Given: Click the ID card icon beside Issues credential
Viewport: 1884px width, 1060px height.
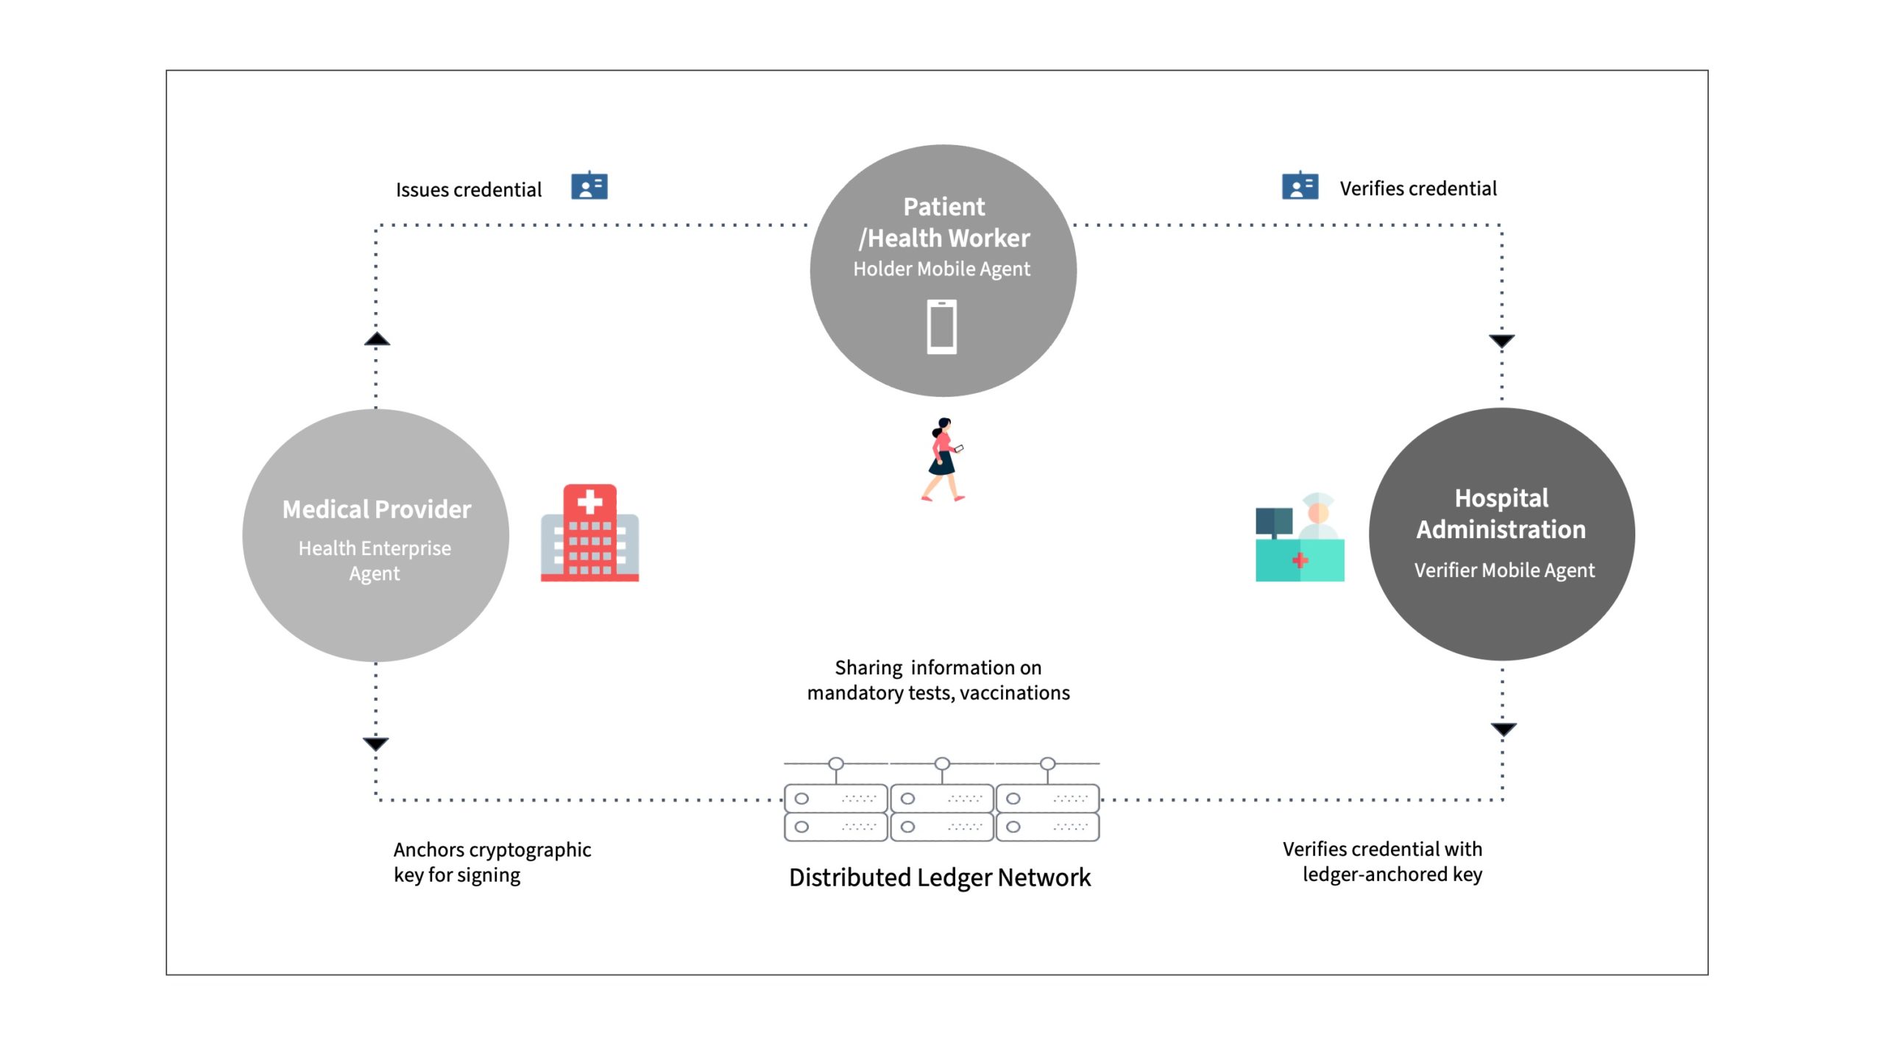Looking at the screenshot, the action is (x=589, y=186).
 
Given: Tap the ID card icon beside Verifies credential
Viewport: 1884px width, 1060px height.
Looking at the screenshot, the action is (x=1300, y=185).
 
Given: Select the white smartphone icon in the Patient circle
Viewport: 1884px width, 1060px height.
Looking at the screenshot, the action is (x=942, y=327).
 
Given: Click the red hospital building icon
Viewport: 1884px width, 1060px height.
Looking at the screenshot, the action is (x=589, y=533).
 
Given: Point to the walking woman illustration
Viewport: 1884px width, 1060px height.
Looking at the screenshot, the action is (x=943, y=460).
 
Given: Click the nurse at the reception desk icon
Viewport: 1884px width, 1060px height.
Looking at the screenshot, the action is (x=1300, y=537).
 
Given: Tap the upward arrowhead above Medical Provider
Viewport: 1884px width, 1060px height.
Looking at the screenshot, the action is (x=377, y=339).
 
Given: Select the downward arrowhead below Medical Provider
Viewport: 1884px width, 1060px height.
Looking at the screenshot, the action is (x=376, y=743).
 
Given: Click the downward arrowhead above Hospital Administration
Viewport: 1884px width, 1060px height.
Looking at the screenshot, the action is (x=1502, y=341).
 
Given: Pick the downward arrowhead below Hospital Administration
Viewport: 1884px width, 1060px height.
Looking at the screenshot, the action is (x=1504, y=729).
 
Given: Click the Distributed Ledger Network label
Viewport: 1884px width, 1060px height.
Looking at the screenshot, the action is (x=940, y=877).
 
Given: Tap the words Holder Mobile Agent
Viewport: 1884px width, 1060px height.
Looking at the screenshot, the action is (x=941, y=269).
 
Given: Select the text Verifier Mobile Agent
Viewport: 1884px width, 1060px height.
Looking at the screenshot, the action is (x=1504, y=570).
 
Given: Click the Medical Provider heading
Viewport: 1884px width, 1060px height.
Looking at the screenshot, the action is (x=377, y=509).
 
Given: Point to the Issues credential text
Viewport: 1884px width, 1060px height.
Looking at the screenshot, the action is (x=469, y=190).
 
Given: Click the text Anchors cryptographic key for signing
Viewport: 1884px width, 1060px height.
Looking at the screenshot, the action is (x=492, y=862).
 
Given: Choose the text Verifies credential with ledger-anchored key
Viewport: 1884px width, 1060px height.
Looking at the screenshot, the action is (x=1383, y=861).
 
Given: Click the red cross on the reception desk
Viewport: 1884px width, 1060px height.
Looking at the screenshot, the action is (x=1300, y=560).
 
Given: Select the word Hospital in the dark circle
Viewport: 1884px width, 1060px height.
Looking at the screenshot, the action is (x=1501, y=498).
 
